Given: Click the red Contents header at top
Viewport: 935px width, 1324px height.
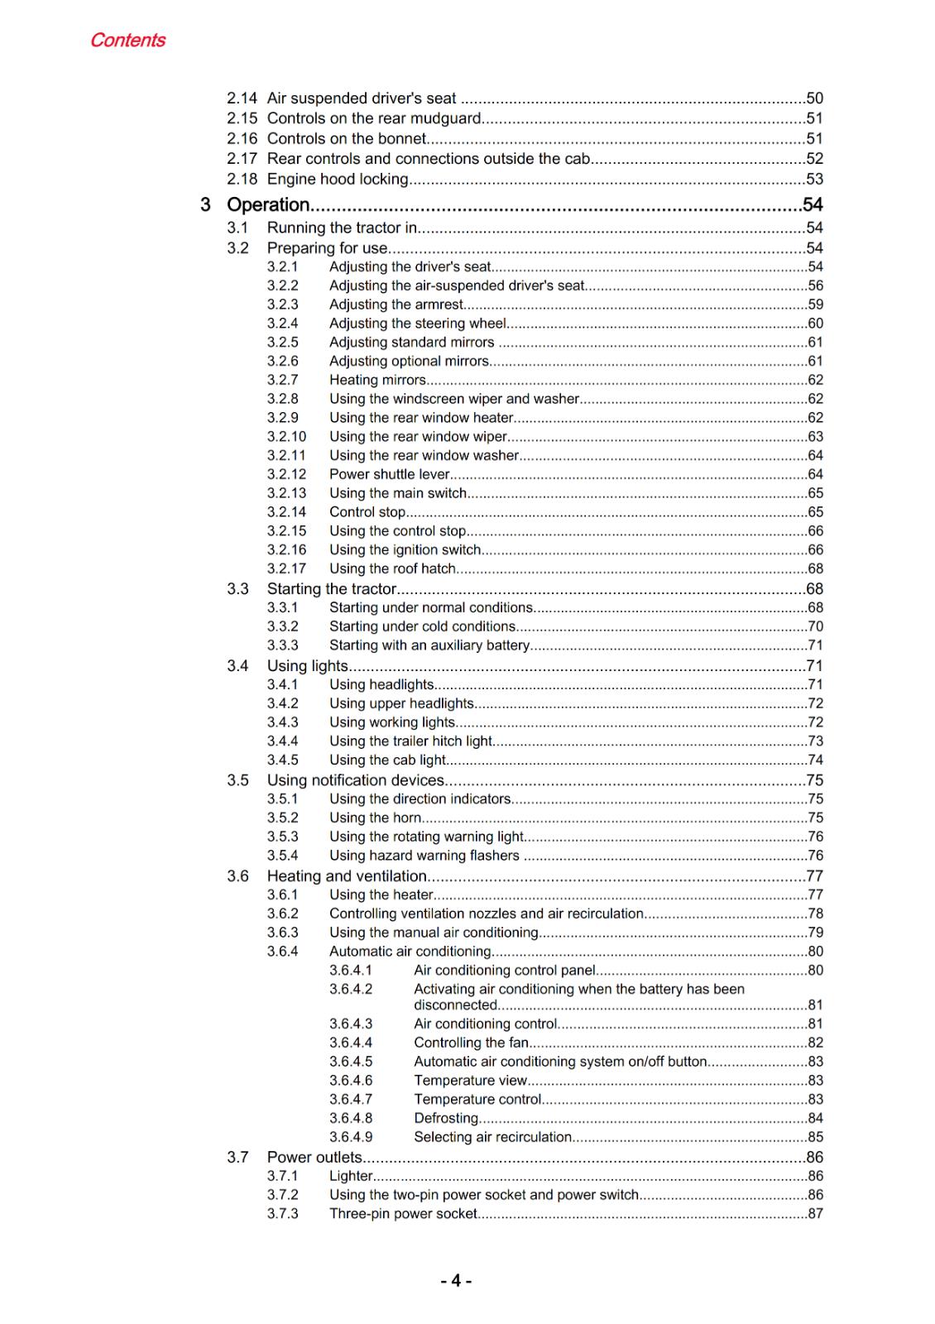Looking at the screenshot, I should (127, 40).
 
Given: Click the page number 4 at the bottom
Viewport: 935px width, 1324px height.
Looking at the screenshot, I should (456, 1281).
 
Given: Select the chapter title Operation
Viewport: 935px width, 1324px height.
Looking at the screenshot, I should (268, 204).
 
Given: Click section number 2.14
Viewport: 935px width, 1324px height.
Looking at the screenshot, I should (242, 98).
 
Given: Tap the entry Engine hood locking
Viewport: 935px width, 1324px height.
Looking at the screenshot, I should (338, 179).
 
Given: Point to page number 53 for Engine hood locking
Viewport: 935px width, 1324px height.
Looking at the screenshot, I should (814, 179).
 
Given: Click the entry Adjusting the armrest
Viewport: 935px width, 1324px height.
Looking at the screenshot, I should (396, 305).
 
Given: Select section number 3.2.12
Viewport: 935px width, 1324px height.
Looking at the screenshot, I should (286, 474).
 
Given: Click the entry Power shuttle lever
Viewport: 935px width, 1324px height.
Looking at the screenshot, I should (389, 474).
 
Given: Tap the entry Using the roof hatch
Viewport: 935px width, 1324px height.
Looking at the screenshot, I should (392, 568).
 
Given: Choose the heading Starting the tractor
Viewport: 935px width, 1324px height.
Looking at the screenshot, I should (331, 589).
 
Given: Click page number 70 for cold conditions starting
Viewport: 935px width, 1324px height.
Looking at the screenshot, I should (815, 626).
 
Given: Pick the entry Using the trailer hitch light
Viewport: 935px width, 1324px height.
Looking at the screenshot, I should (410, 741).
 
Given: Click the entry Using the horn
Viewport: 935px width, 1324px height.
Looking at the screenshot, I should (375, 818).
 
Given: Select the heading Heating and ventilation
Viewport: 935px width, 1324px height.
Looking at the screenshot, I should (347, 875).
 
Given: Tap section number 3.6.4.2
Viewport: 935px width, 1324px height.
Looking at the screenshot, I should (351, 989).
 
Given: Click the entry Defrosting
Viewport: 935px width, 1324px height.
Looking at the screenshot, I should (446, 1118).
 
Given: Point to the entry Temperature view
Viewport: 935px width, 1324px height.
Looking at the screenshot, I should (470, 1081).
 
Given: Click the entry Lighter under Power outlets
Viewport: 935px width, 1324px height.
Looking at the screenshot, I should (351, 1176).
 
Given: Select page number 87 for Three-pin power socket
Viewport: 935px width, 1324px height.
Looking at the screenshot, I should (815, 1213).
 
